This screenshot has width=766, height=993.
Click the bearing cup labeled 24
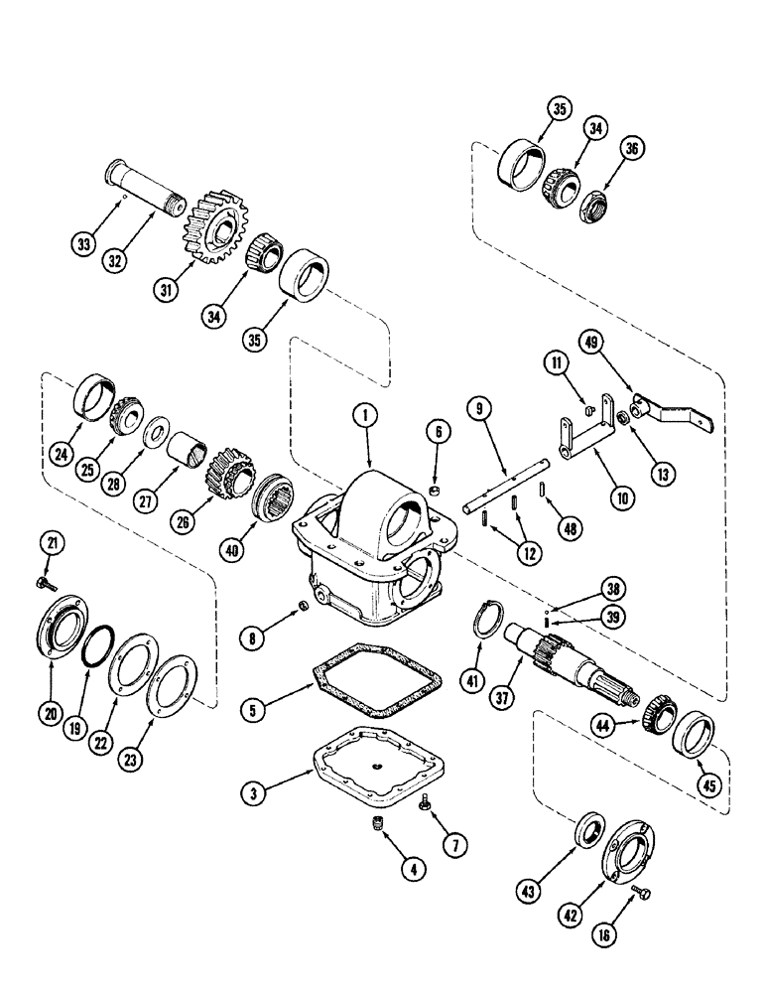coord(96,396)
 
